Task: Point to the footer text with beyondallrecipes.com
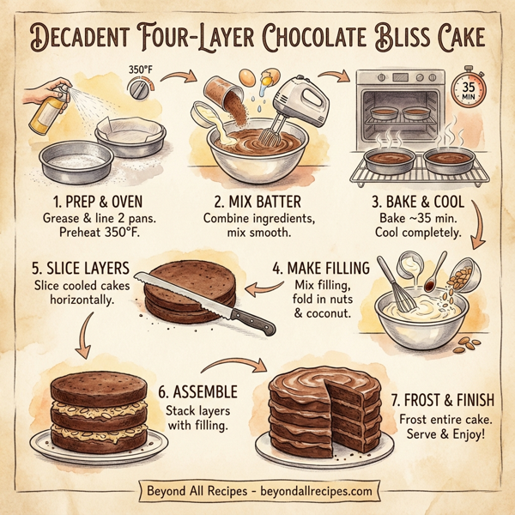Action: click(257, 491)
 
